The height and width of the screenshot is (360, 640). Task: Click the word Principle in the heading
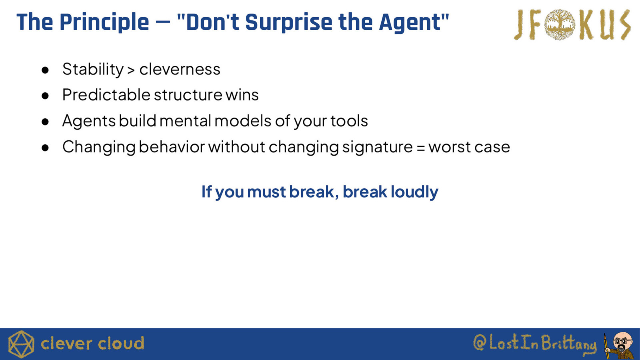[x=104, y=22]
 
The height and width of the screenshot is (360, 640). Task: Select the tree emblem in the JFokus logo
[x=560, y=24]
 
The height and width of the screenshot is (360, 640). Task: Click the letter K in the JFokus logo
[x=587, y=24]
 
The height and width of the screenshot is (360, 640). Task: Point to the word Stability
[x=93, y=70]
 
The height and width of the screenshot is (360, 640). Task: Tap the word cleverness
[x=180, y=69]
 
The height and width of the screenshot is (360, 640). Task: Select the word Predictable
[x=106, y=94]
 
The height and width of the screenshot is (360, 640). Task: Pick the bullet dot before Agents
[x=45, y=122]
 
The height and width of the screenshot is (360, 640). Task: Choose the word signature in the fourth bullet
[x=378, y=148]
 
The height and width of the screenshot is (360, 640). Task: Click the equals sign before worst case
[x=420, y=148]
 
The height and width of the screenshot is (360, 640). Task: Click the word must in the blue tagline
[x=266, y=192]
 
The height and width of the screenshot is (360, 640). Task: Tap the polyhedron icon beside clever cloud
[x=21, y=344]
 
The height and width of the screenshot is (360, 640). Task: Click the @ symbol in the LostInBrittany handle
[x=480, y=343]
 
